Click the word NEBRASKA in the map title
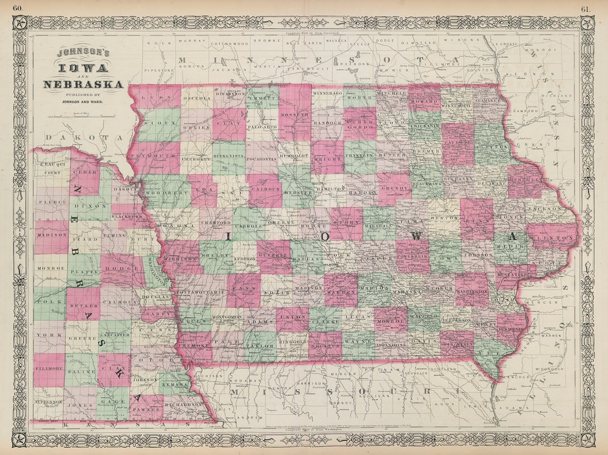84,84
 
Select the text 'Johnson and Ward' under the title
83,101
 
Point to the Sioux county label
153,125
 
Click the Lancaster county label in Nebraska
116,335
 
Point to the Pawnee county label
146,410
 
